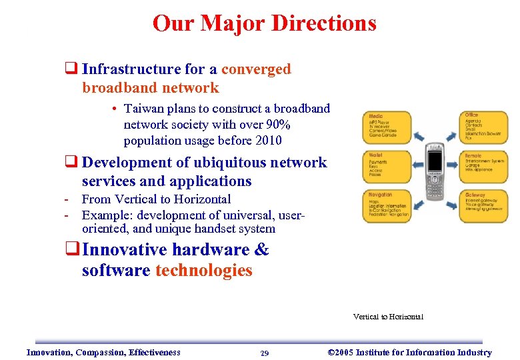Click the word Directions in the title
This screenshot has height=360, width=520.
pos(323,23)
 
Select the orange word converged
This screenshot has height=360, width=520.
pos(256,69)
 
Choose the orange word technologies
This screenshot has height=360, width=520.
pos(203,270)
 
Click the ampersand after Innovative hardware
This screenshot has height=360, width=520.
pos(262,250)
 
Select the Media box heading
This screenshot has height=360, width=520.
pos(376,115)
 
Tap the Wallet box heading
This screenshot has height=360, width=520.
pos(375,155)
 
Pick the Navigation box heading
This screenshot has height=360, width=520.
pos(381,195)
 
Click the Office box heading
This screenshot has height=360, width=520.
pos(471,115)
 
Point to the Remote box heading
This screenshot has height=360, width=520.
pos(473,155)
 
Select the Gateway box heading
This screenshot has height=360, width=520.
pos(475,195)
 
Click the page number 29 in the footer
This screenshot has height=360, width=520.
pos(265,353)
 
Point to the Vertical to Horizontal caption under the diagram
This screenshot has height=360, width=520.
pos(388,317)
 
